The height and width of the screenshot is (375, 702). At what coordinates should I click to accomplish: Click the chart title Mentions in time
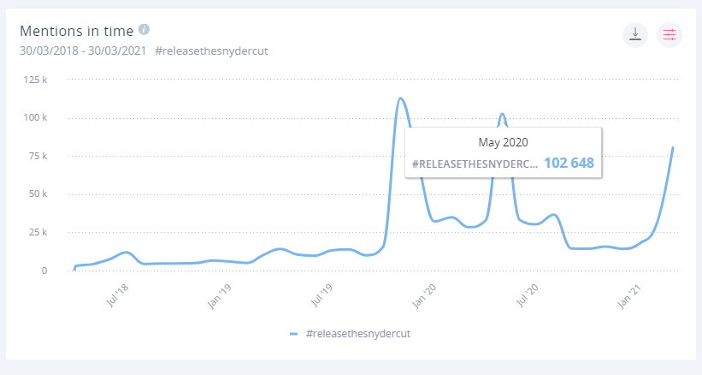click(x=76, y=32)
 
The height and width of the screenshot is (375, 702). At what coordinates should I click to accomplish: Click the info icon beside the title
click(x=144, y=29)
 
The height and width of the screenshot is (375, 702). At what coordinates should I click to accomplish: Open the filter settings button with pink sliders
click(x=670, y=35)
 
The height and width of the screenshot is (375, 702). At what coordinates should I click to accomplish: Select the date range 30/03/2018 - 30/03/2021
click(x=83, y=51)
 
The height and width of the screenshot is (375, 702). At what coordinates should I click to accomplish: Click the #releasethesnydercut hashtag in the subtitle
click(x=212, y=51)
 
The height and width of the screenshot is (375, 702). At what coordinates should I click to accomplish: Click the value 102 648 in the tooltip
click(x=569, y=163)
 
